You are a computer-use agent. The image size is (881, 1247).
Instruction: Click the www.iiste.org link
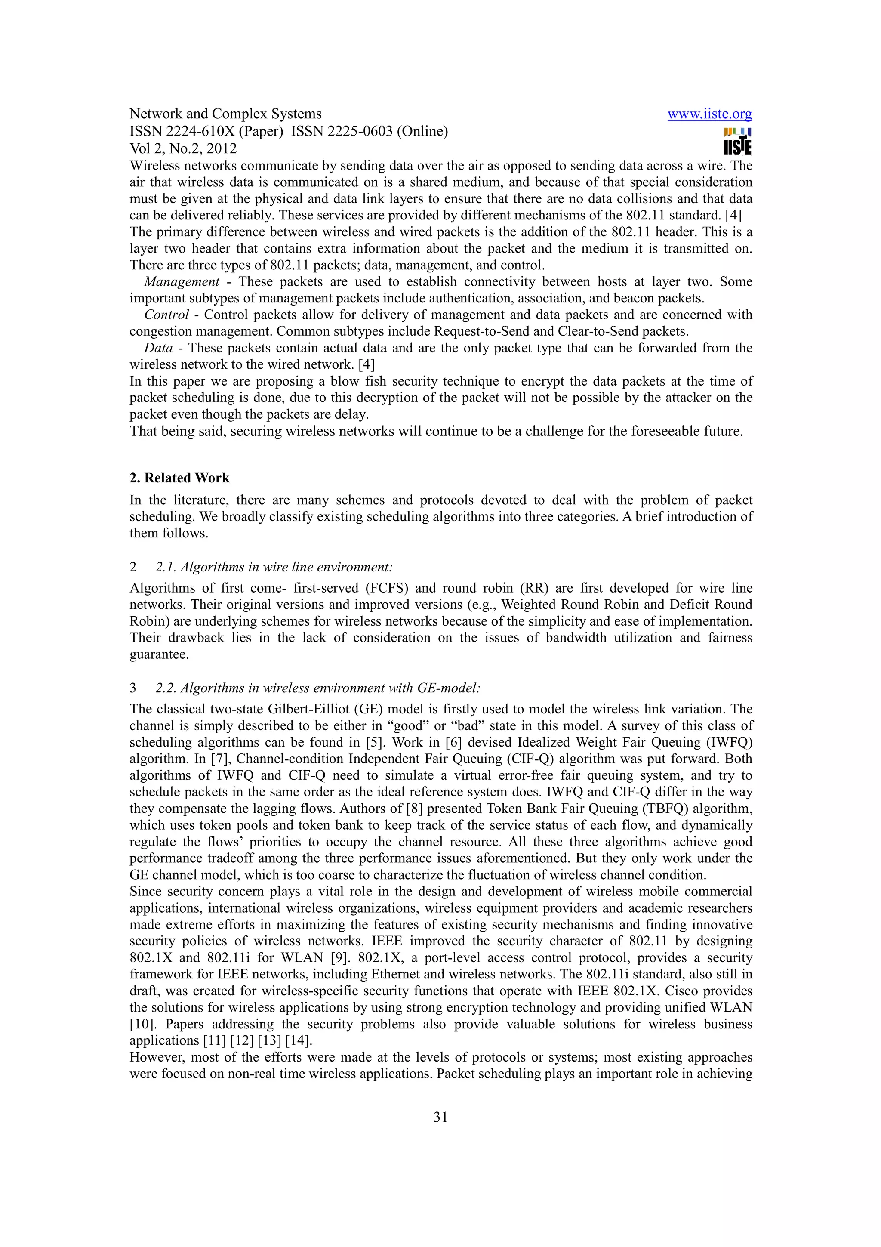tap(709, 114)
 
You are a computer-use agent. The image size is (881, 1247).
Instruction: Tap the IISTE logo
tap(738, 141)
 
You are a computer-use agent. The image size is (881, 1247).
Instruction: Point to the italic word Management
tap(182, 282)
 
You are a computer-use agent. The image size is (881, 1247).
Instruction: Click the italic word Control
tap(166, 315)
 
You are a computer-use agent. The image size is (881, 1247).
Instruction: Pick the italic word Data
tap(158, 348)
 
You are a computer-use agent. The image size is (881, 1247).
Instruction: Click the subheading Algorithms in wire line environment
tap(274, 567)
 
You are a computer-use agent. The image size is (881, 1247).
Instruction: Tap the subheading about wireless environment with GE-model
tap(318, 688)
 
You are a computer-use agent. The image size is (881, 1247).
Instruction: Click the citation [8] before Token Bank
tap(414, 809)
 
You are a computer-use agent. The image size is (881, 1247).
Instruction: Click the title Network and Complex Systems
tap(225, 114)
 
